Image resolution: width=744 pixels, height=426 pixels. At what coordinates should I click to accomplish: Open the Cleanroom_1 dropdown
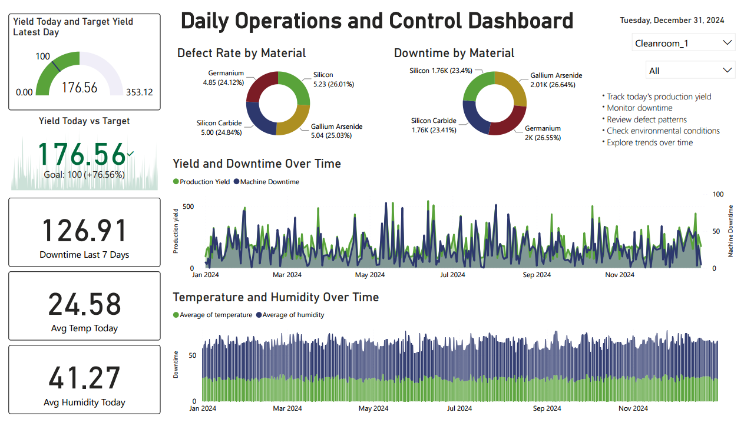683,43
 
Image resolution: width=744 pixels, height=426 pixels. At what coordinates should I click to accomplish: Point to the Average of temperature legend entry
216,315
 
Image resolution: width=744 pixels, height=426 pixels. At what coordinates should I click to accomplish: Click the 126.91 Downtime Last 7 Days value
84,230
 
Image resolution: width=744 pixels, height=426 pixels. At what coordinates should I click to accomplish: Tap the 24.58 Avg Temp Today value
84,304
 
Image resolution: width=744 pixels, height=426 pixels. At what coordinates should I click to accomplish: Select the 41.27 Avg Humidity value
84,378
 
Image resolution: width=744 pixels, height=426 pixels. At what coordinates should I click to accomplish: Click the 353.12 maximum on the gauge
139,92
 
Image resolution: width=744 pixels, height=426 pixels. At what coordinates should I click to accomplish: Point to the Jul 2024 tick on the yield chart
452,275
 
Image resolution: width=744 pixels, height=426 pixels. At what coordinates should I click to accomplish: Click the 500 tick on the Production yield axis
188,207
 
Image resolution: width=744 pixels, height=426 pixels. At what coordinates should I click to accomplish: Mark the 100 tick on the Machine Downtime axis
718,194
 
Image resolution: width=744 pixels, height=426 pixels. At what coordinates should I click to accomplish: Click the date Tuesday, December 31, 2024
672,21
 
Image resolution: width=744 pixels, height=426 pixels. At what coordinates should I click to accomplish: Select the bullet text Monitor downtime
639,108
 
